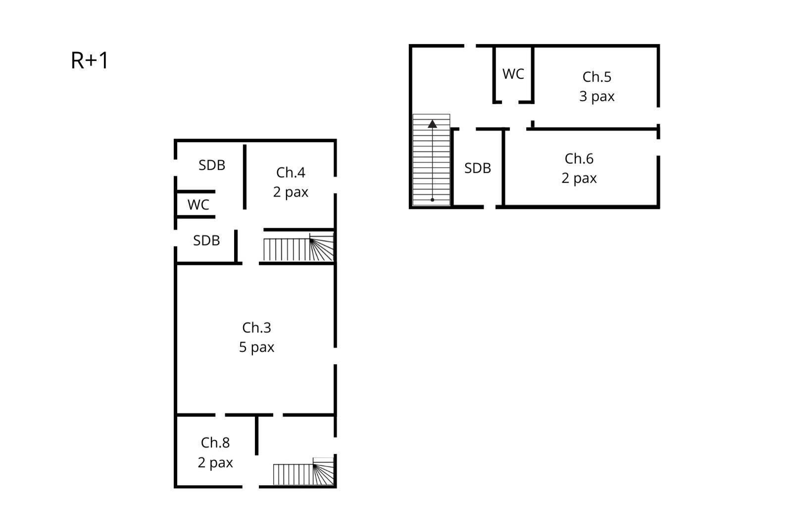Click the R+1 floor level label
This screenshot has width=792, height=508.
pos(90,60)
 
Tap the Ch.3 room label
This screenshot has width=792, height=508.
pos(256,327)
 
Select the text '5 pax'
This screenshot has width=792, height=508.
pos(256,347)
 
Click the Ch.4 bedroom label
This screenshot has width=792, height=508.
pos(291,172)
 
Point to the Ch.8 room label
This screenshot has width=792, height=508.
pos(215,442)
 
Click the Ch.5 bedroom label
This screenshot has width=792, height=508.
pos(596,77)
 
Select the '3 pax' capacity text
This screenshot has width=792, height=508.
pos(596,96)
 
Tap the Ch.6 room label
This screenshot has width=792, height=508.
pos(579,158)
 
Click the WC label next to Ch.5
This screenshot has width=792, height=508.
pos(513,74)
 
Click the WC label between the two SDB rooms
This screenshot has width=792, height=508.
pos(198,204)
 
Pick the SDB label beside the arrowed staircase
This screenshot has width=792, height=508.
pos(477,168)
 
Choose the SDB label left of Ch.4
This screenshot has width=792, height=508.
pos(212,165)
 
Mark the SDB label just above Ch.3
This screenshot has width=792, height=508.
pos(206,240)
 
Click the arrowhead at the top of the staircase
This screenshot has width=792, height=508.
pos(432,124)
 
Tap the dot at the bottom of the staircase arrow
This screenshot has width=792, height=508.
pos(432,200)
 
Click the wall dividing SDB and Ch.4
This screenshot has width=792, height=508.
pos(245,176)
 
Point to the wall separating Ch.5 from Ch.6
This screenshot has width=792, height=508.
pos(594,129)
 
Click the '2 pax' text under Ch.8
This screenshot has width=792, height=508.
pos(215,462)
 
